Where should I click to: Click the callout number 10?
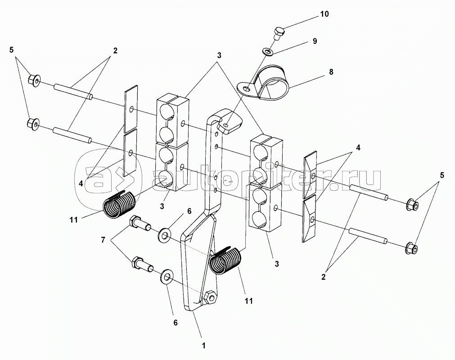coord(324,14)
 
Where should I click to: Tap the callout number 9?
coord(315,41)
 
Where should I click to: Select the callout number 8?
coord(331,72)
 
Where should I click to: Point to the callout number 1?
coord(204,346)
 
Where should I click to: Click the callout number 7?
coord(103,240)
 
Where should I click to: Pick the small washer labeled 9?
coord(267,52)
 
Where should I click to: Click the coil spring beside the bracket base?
coord(225,261)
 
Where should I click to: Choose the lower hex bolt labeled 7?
coord(142,264)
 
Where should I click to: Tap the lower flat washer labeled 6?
coord(166,278)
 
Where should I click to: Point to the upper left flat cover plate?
coord(131,109)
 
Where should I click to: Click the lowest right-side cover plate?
coord(309,219)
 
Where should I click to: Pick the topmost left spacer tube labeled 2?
coord(73,91)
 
